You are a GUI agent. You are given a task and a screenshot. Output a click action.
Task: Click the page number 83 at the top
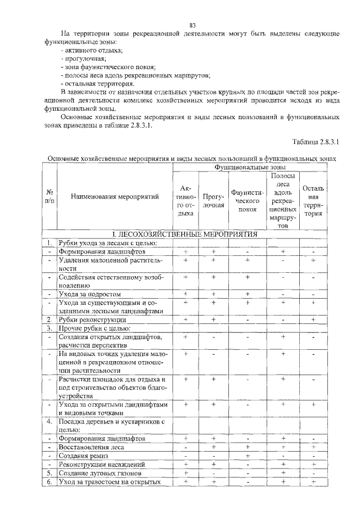point(192,25)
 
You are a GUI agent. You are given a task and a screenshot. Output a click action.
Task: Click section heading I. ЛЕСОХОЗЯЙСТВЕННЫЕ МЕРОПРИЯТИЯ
point(184,233)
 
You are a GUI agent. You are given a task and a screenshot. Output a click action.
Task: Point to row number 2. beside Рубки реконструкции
point(49,319)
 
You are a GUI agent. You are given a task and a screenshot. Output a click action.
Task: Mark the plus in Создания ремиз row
point(247,456)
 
